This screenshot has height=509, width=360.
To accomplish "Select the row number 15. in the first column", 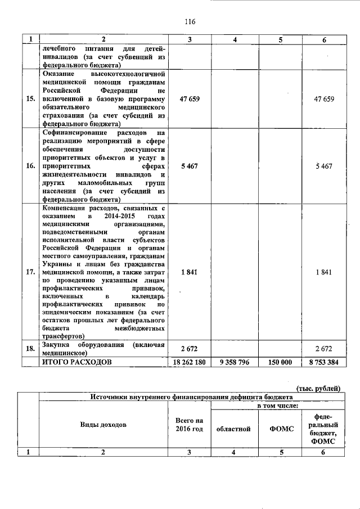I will (x=30, y=99).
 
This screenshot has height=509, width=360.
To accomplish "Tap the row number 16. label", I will (x=30, y=166).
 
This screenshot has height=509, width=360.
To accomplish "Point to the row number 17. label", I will (x=30, y=272).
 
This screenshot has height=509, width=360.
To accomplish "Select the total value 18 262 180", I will (x=190, y=362).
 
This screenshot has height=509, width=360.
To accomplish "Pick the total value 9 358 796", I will (x=235, y=362).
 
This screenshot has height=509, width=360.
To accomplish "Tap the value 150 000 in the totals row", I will (x=278, y=362).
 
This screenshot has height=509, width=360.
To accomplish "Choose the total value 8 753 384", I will (x=323, y=362).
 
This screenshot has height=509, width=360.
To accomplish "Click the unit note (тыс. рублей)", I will (x=318, y=388).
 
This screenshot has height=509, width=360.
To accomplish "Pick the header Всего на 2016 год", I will (x=189, y=425).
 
